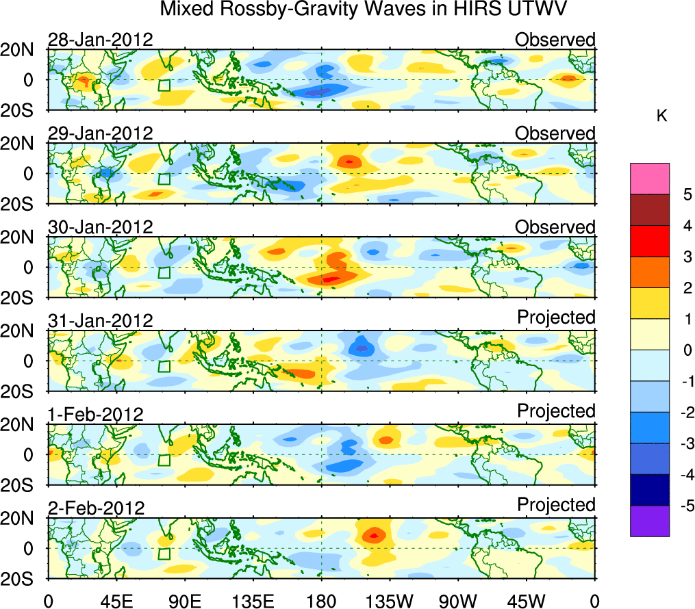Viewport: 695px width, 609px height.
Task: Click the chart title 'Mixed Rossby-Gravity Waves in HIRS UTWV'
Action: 364,10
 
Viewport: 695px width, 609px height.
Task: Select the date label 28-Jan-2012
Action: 100,39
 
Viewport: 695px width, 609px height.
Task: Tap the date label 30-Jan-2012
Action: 100,226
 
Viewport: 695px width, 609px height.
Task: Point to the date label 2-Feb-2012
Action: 96,508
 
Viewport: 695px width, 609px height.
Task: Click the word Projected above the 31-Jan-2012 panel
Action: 556,317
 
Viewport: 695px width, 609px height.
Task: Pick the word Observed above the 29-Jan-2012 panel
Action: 555,133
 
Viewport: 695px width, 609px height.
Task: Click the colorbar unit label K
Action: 662,117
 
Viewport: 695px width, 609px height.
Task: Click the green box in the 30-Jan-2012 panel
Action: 164,272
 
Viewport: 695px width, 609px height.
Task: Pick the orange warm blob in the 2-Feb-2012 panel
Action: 373,534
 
